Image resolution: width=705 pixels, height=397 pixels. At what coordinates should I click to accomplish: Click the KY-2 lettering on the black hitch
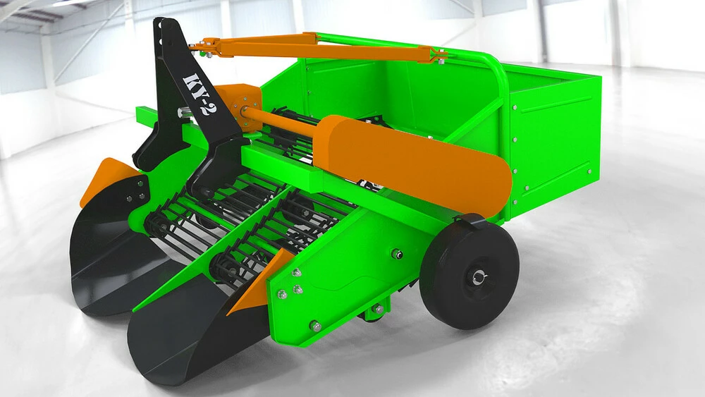pos(195,94)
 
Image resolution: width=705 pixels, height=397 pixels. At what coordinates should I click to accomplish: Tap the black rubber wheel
pos(470,274)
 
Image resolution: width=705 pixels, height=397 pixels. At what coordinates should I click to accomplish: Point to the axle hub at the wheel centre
pos(478,278)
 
